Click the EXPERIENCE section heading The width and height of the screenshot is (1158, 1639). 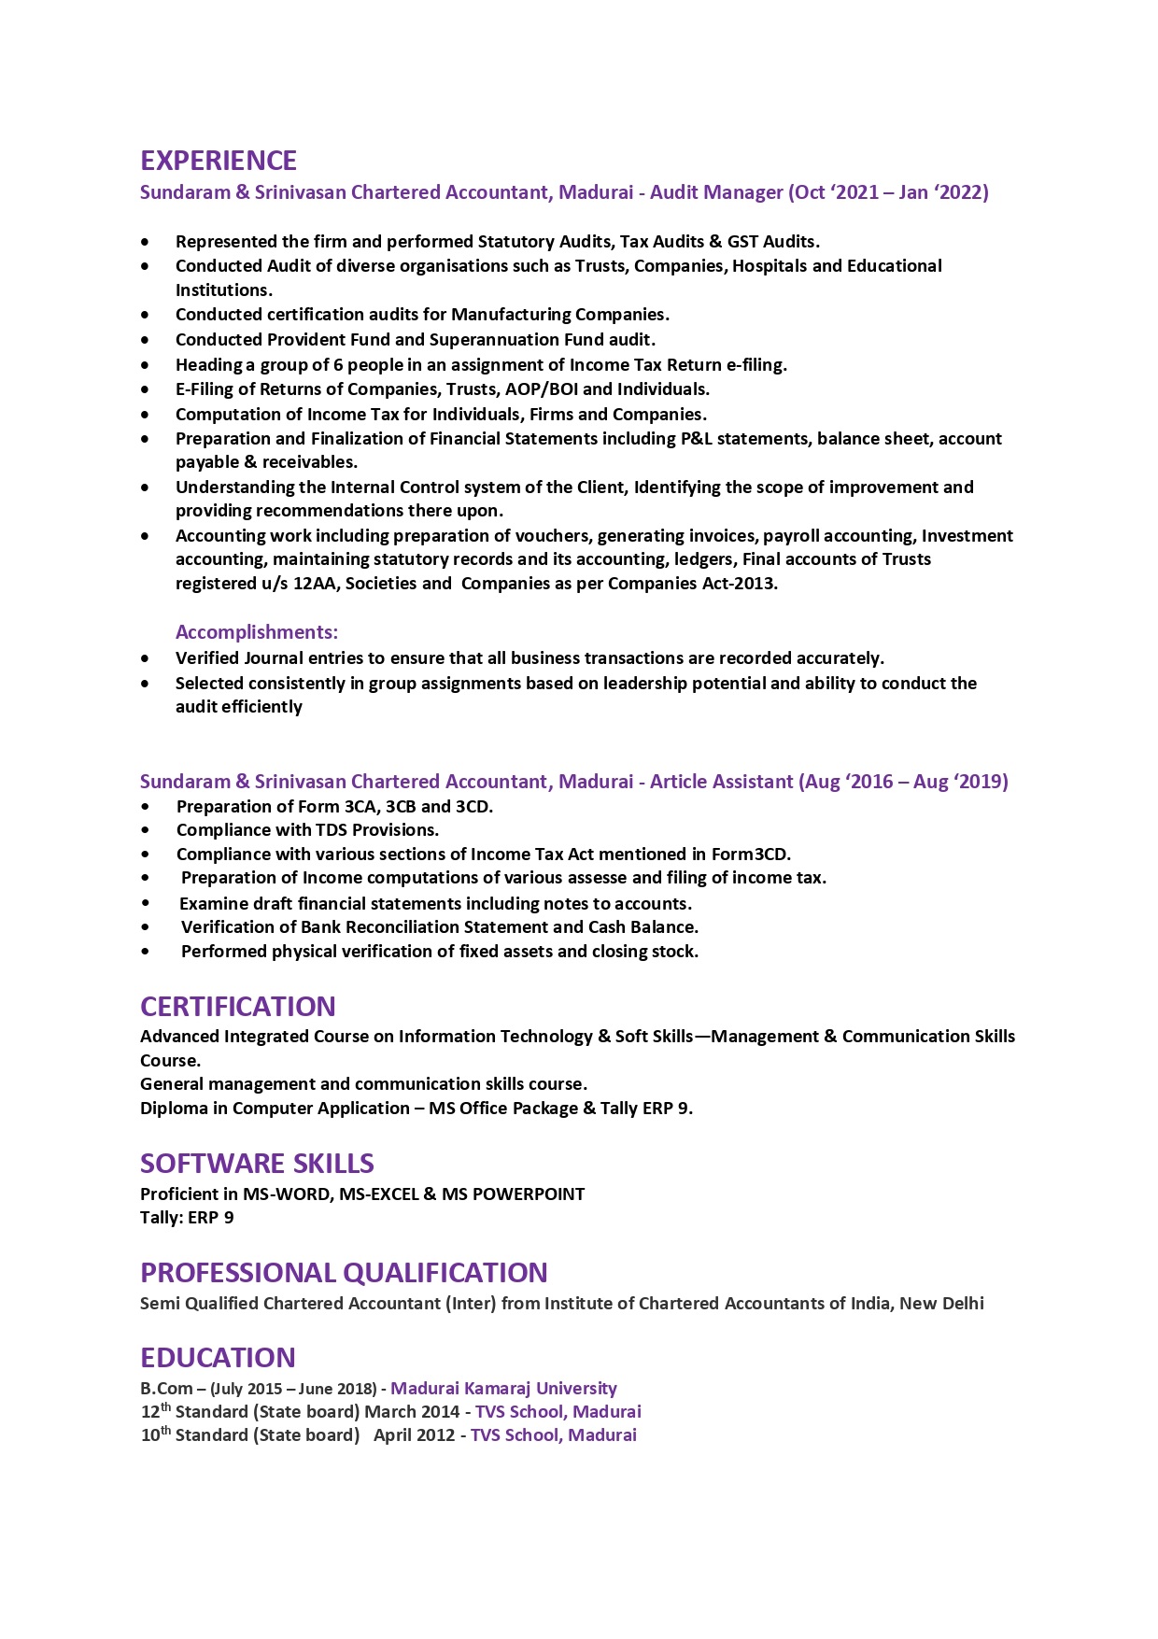coord(219,161)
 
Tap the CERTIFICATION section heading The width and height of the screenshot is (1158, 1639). coord(237,1006)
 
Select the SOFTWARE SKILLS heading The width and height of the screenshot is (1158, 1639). coord(257,1163)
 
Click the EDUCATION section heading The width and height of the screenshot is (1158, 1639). coord(218,1357)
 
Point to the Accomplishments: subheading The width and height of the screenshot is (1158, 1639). coord(257,632)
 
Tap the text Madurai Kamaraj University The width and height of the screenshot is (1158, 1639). coord(503,1389)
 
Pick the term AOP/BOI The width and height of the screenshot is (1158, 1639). coord(541,389)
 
